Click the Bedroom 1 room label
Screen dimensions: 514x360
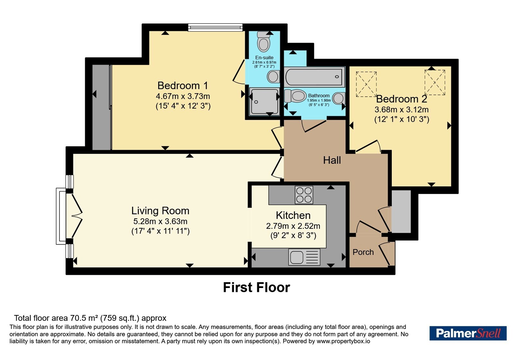click(183, 85)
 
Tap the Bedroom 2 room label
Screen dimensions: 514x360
click(402, 99)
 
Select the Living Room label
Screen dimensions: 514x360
click(160, 211)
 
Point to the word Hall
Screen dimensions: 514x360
click(332, 160)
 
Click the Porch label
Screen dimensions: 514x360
click(363, 252)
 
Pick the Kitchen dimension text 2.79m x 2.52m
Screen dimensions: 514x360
click(293, 226)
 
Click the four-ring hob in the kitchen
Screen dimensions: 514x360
click(304, 195)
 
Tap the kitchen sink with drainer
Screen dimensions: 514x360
click(304, 257)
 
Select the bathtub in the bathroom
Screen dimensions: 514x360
click(315, 77)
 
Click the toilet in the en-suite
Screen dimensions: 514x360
click(263, 42)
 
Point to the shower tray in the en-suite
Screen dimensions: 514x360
click(265, 102)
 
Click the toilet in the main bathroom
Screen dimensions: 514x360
click(295, 96)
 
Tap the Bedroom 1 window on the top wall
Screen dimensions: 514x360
click(215, 27)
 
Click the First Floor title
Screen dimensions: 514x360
click(257, 287)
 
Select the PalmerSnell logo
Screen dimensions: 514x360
click(468, 333)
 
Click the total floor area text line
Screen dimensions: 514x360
click(90, 318)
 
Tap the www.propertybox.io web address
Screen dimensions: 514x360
click(343, 341)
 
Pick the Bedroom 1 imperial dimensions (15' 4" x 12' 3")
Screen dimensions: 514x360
click(183, 106)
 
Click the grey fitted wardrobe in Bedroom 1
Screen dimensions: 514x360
click(102, 107)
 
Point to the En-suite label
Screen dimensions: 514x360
click(264, 58)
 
